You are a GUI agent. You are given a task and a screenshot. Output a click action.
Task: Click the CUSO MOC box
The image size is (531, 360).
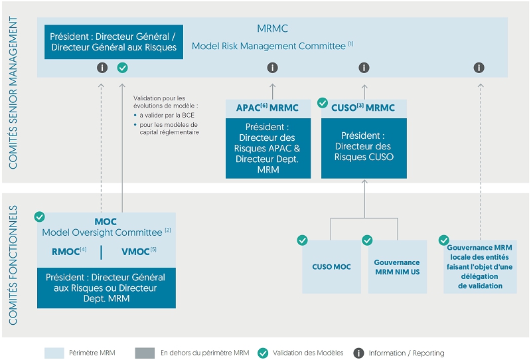coord(331,266)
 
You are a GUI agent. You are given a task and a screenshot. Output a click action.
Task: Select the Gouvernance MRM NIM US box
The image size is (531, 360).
coord(397,266)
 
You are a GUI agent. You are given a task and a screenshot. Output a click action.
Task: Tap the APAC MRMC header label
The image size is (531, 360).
coord(267,108)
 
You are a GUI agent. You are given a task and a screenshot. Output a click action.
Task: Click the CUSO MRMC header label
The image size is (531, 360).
coord(363,108)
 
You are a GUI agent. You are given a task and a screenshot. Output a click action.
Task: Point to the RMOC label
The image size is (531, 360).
coord(69,252)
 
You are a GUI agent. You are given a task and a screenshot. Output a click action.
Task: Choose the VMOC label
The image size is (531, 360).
coord(139,252)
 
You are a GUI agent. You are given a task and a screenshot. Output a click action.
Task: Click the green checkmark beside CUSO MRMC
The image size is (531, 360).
coord(323,102)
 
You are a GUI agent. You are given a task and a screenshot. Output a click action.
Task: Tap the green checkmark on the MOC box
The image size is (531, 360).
coord(40,217)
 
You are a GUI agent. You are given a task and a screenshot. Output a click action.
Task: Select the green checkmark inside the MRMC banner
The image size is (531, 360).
coord(123,68)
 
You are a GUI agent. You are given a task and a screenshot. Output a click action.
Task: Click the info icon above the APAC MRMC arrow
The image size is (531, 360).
coord(273,68)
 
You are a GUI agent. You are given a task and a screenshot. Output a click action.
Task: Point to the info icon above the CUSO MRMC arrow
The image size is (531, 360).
coord(364,68)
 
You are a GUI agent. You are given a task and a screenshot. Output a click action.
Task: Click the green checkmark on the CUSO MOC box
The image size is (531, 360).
coord(302,240)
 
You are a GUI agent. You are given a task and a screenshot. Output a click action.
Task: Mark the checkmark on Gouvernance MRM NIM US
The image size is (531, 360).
coord(367,240)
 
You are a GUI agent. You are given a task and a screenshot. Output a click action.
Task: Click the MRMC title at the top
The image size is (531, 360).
coord(273,29)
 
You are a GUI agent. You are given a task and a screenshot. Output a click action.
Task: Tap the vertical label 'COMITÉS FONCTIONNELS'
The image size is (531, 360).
coord(13,265)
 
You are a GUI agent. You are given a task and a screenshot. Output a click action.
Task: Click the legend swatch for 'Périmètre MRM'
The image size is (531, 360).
coord(54,353)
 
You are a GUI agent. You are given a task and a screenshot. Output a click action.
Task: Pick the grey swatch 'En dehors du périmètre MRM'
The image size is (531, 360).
coord(145,353)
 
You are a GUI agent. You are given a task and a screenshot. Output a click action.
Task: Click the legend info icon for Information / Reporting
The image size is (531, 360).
coord(358,353)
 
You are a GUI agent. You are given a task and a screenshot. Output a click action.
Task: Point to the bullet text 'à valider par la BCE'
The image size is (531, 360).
coord(167,116)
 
